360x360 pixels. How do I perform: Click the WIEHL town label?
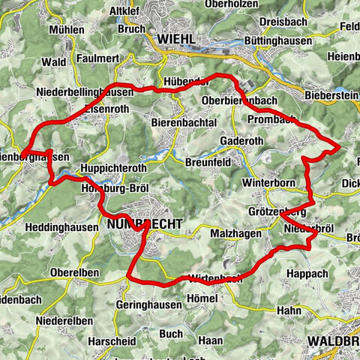point(176,38)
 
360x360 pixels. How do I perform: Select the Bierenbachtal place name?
point(184,122)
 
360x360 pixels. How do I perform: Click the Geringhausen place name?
point(149,305)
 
